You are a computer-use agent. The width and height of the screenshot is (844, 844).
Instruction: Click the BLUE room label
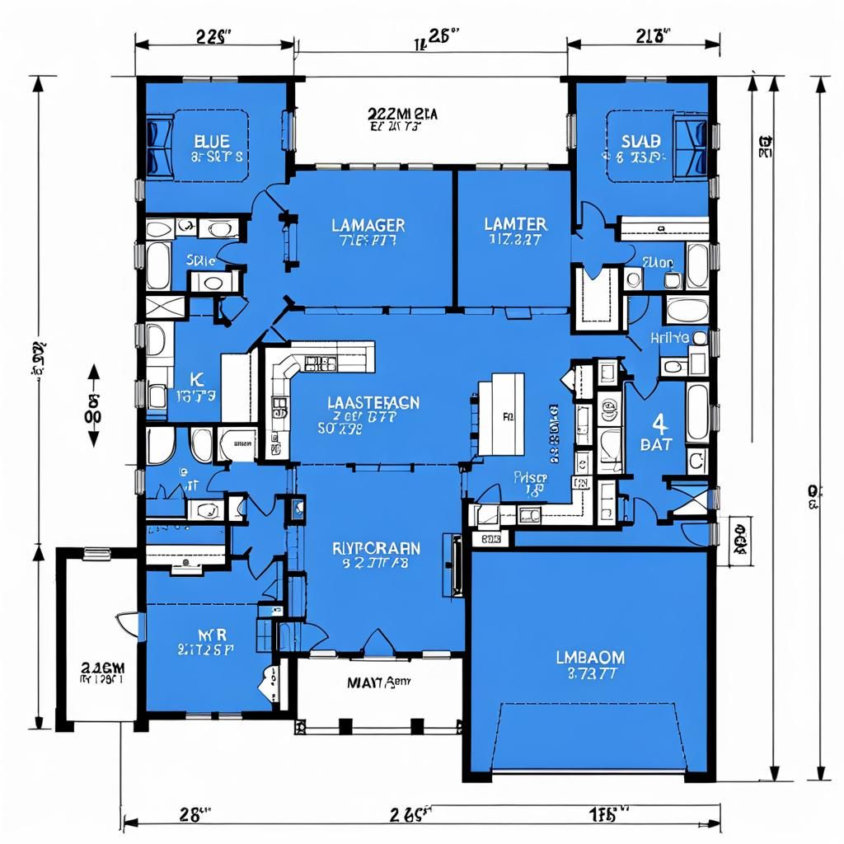pos(207,141)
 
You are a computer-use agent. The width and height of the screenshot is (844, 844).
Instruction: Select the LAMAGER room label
pos(368,224)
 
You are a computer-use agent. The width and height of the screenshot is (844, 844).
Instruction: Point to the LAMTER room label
pos(514,224)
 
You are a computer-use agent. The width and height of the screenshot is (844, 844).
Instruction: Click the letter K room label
pos(196,379)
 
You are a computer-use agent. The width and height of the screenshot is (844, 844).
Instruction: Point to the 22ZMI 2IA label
pos(402,114)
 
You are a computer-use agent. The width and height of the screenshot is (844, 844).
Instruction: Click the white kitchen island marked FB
pos(501,414)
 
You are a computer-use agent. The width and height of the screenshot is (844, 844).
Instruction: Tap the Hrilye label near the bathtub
pos(669,336)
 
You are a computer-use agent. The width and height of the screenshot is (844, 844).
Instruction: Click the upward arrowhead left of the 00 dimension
pos(91,373)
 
